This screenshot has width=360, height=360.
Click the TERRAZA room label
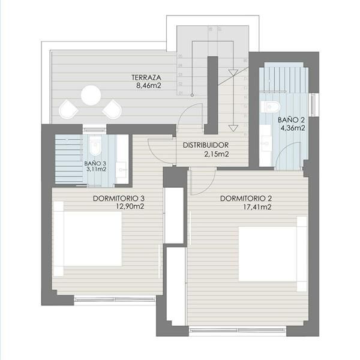coord(147,77)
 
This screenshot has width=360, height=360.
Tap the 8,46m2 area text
coord(147,85)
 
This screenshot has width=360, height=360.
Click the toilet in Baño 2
coord(271,108)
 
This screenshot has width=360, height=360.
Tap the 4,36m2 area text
coord(292,127)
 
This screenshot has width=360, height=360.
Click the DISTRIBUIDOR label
coord(205,145)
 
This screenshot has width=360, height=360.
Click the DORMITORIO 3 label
coord(119,199)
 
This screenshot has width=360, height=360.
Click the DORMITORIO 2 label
coord(247,199)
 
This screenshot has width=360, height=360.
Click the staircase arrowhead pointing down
coord(234,128)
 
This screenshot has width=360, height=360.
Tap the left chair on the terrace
coord(68,109)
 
